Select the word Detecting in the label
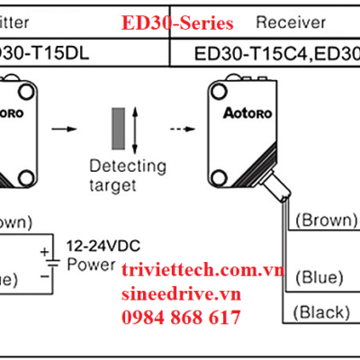127,166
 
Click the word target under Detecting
113,185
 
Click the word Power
94,265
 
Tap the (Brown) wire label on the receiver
326,219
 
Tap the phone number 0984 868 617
181,317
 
